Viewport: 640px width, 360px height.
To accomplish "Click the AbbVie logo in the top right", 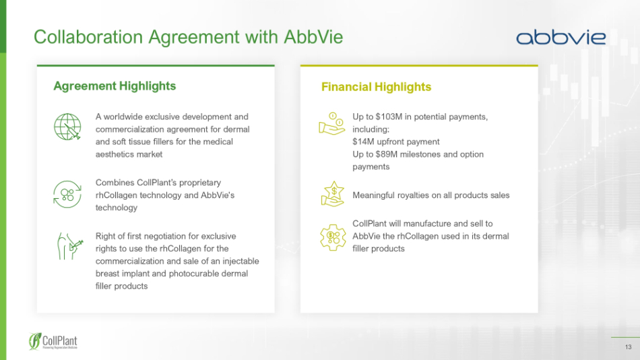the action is point(561,37).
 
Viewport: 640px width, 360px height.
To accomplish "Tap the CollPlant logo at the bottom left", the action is point(53,341).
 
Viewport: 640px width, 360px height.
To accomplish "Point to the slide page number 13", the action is point(628,347).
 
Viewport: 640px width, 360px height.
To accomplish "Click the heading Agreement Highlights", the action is point(115,86).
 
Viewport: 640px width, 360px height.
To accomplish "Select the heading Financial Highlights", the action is point(376,86).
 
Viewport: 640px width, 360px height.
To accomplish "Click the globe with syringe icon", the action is point(67,127).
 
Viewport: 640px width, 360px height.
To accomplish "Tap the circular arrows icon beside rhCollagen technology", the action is point(67,194).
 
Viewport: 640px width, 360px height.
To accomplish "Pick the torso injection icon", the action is point(70,246).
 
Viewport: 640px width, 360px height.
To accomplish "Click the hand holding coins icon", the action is point(332,123).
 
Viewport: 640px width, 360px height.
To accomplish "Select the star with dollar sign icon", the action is point(333,193).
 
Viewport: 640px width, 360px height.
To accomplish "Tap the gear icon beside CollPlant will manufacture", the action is point(333,237).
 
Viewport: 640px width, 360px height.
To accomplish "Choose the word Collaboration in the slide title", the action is point(88,37).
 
